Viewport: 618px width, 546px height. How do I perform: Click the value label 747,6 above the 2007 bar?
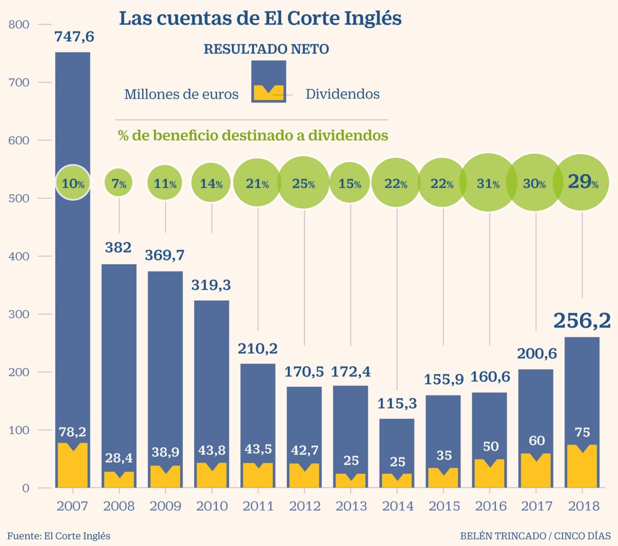coord(75,37)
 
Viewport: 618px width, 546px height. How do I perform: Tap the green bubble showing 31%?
coord(488,183)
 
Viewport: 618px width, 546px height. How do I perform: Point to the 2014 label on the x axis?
coord(397,506)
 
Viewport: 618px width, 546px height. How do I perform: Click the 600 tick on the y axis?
coord(19,140)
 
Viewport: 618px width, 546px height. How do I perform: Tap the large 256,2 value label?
coord(581,320)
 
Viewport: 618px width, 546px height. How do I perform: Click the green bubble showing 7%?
coord(119,183)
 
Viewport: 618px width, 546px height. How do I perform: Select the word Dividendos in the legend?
coord(342,94)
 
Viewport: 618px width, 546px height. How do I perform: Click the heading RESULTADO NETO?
coord(266,49)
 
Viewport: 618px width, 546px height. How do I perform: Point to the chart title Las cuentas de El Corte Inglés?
coord(260,19)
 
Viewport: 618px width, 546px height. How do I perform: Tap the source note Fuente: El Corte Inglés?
coord(59,536)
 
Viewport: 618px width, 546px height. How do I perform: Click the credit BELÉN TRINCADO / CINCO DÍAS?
coord(535,536)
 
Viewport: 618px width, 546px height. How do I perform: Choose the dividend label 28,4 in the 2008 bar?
coord(119,458)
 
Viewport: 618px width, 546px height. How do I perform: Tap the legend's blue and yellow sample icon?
coord(268,81)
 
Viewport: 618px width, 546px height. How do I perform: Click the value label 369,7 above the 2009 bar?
coord(164,255)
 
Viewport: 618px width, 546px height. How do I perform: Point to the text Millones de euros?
coord(181,95)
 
